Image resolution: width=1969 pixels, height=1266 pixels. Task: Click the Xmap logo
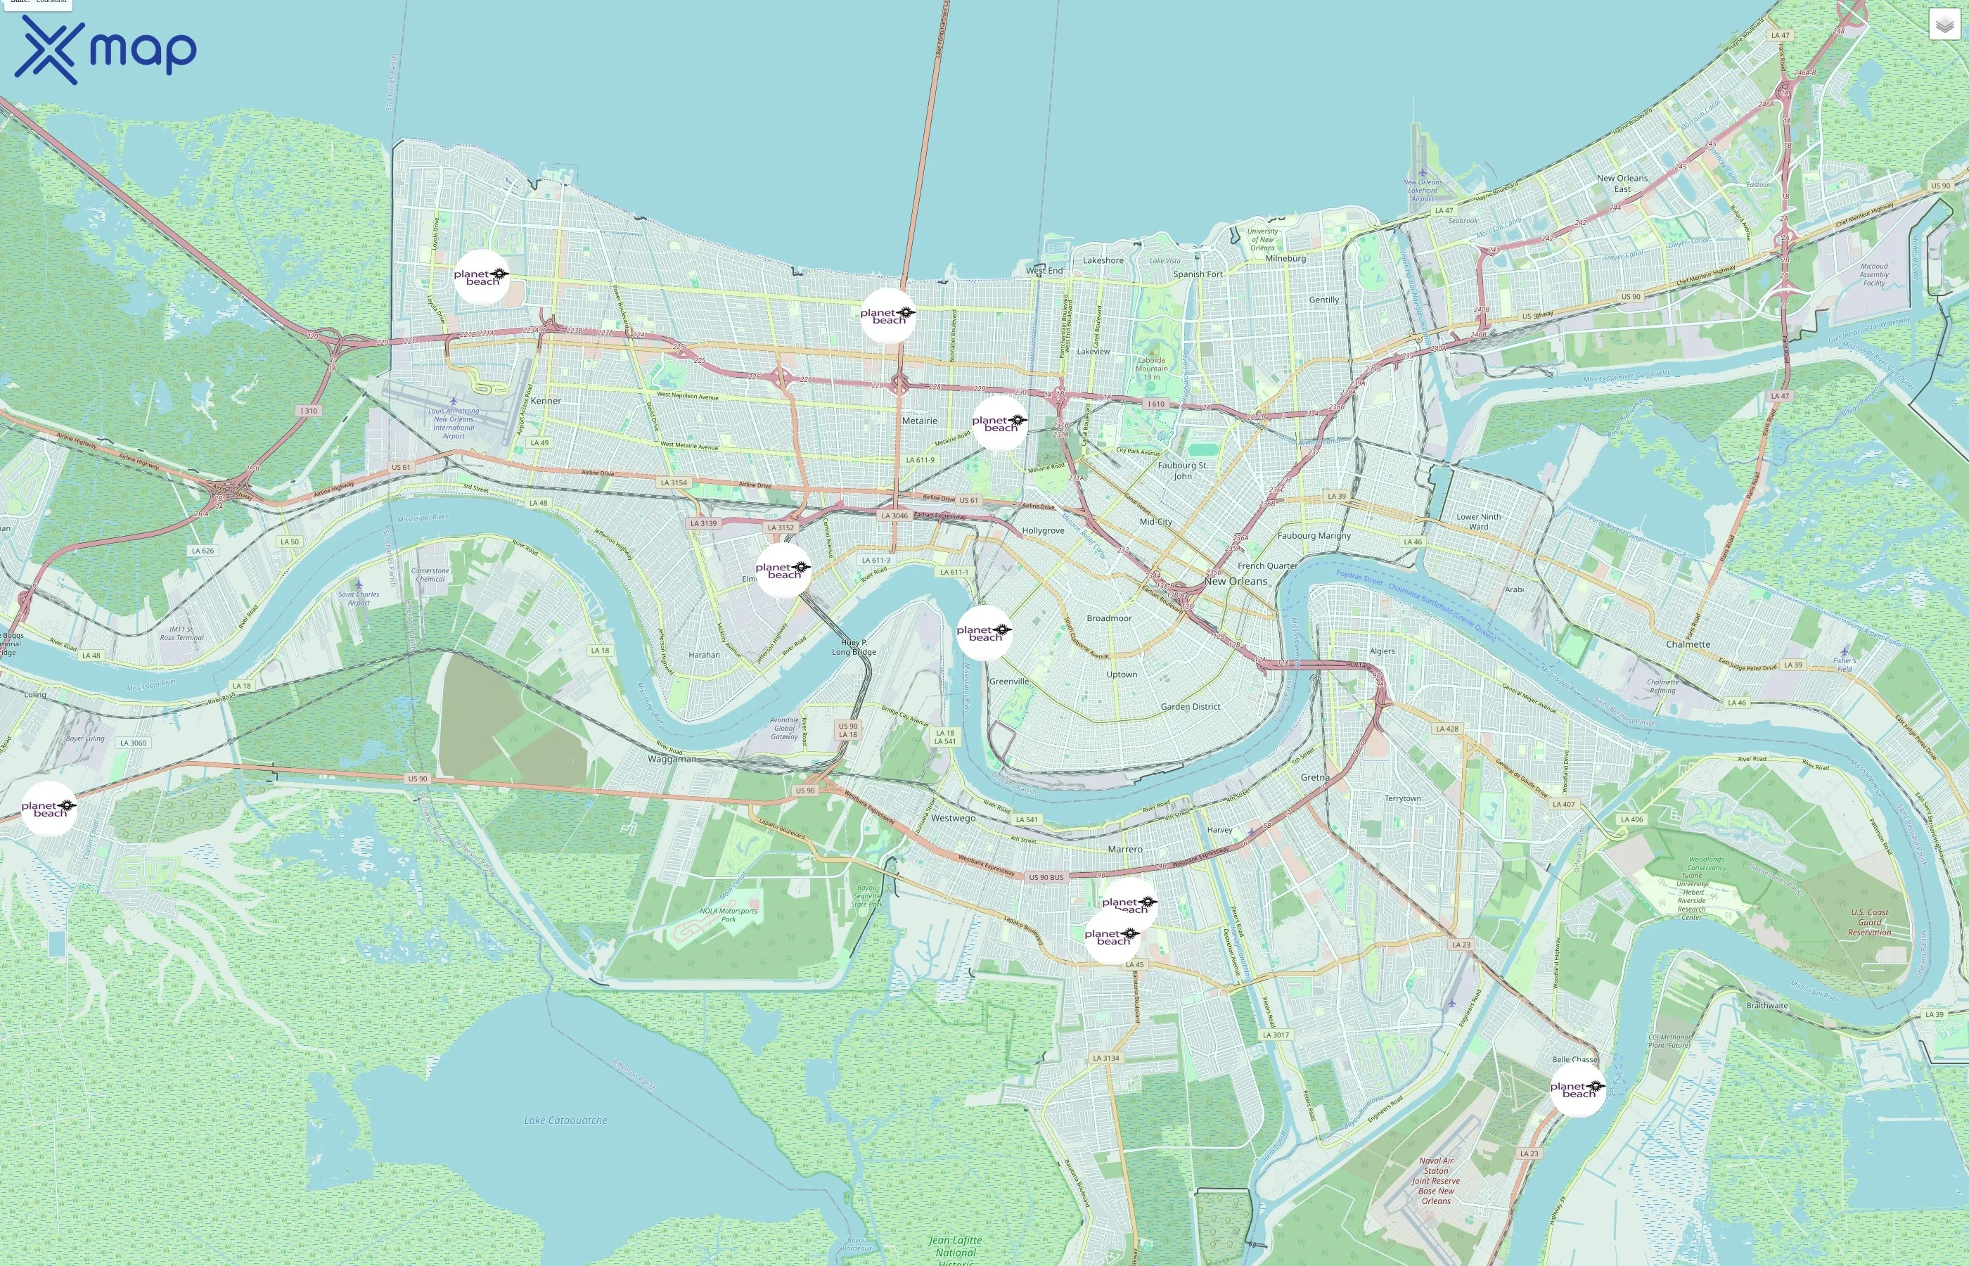point(105,49)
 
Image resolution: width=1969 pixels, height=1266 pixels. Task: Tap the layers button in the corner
point(1944,25)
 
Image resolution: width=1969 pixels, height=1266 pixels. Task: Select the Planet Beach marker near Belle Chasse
point(1577,1089)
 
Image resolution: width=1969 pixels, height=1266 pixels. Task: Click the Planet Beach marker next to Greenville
point(984,633)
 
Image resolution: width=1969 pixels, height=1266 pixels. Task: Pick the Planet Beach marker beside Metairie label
point(999,423)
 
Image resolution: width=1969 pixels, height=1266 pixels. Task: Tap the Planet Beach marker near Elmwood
point(783,570)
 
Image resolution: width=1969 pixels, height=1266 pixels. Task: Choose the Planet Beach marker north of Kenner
point(481,277)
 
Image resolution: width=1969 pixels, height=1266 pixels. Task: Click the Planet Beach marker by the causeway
point(887,316)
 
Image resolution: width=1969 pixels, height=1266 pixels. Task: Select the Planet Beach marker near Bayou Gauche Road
point(49,809)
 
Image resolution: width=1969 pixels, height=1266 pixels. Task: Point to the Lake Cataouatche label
point(565,1120)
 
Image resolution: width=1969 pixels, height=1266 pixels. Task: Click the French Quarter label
point(1267,565)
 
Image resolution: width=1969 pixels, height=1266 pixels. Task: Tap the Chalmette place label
point(1688,644)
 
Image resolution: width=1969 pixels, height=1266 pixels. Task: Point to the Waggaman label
point(672,759)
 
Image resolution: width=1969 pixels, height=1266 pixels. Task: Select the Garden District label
point(1190,706)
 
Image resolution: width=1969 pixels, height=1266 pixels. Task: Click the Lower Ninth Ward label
point(1478,521)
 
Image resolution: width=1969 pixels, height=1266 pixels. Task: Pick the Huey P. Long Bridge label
point(854,647)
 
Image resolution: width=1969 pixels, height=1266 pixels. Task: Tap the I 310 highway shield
point(308,410)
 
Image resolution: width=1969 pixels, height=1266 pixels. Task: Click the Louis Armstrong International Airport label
point(454,423)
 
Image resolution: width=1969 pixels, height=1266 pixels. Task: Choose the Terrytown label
point(1402,798)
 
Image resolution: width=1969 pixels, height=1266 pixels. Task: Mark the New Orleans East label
point(1622,182)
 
